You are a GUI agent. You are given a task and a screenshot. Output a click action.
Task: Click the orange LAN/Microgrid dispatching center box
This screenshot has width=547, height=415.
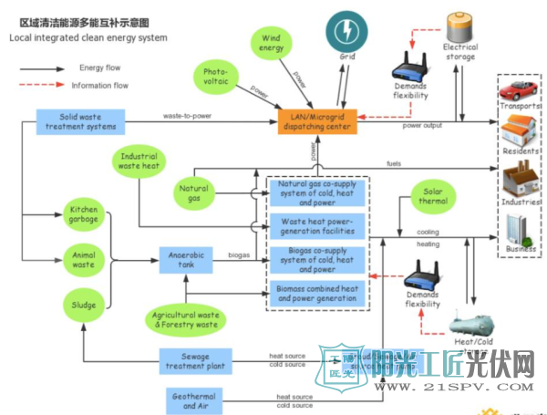(316, 121)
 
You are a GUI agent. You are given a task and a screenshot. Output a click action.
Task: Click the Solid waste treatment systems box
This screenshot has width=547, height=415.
(81, 121)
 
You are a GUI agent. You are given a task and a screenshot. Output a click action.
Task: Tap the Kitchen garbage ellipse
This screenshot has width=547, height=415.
(83, 215)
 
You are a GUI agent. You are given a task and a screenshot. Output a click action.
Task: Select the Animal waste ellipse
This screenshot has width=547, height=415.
(83, 260)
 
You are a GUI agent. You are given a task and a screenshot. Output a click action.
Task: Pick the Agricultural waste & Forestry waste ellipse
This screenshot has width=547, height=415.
(186, 319)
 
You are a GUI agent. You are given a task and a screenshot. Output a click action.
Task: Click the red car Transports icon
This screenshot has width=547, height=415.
(518, 90)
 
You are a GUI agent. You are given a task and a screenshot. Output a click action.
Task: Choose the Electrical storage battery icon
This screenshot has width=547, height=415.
(459, 28)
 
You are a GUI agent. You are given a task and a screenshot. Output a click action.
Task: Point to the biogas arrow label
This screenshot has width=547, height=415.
(240, 256)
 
